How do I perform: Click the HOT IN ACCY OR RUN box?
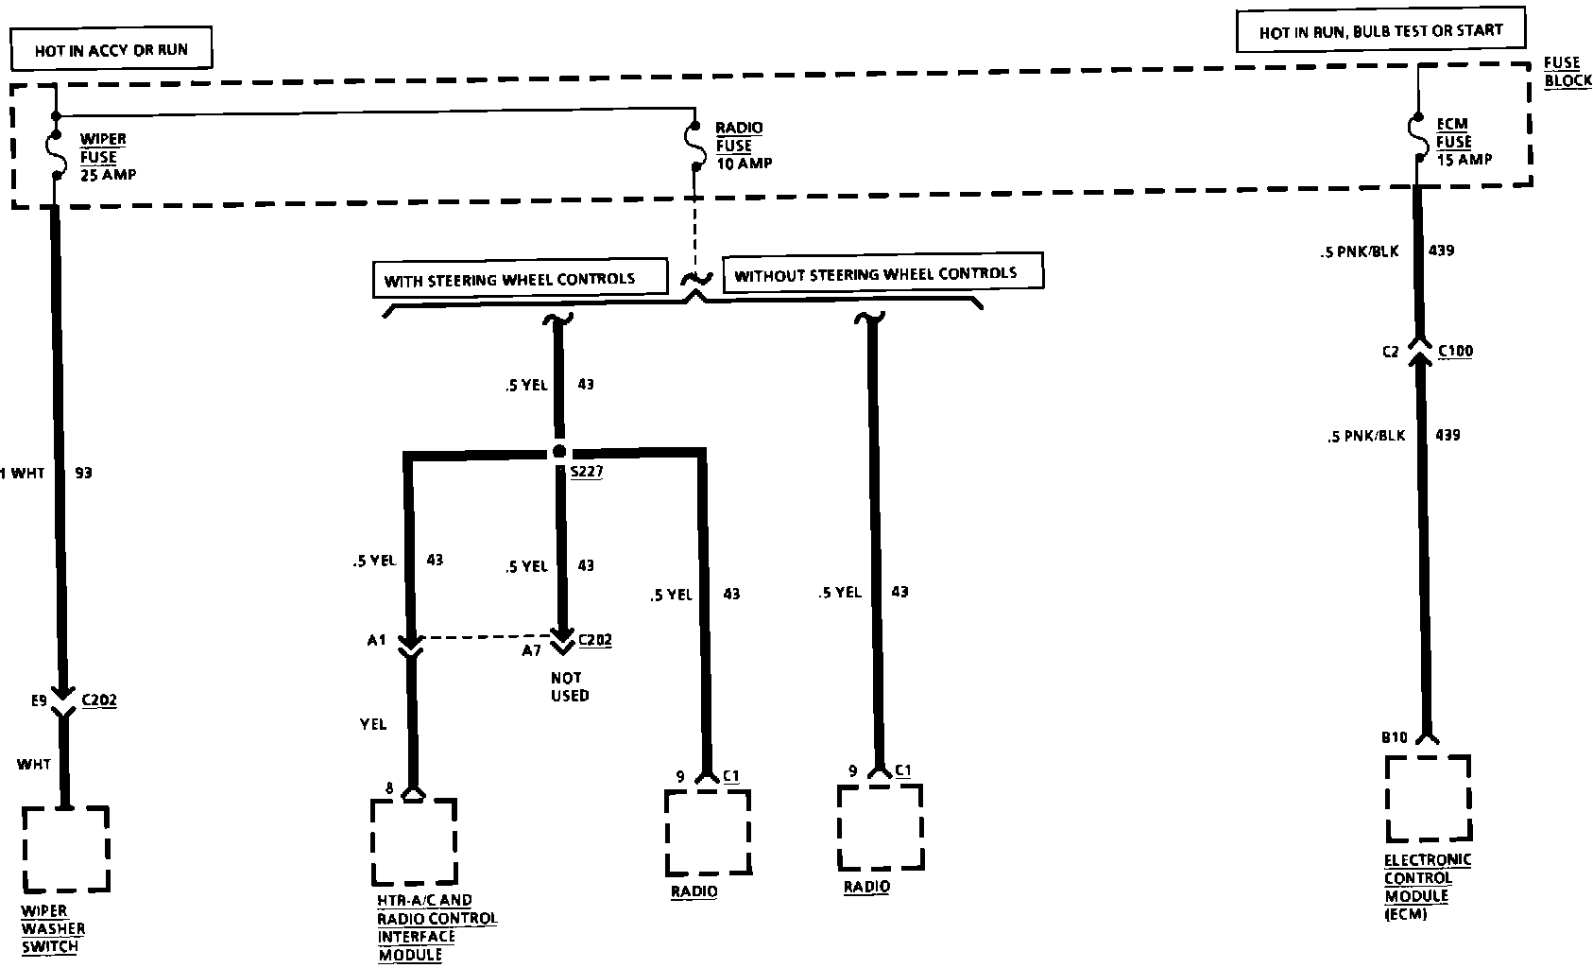111,49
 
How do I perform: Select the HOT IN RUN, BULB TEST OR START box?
1380,31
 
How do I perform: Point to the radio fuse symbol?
694,146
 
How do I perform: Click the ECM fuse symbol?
1419,140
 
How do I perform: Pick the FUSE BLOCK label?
1567,72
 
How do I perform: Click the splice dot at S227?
558,451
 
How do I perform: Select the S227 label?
586,472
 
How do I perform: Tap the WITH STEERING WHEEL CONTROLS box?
509,280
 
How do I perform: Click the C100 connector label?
1455,352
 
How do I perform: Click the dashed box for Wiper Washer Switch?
65,848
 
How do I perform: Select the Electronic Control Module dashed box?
1428,798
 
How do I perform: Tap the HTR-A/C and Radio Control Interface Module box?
413,841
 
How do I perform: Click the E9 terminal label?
38,701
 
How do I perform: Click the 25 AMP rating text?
108,175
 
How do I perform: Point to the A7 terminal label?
532,650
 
